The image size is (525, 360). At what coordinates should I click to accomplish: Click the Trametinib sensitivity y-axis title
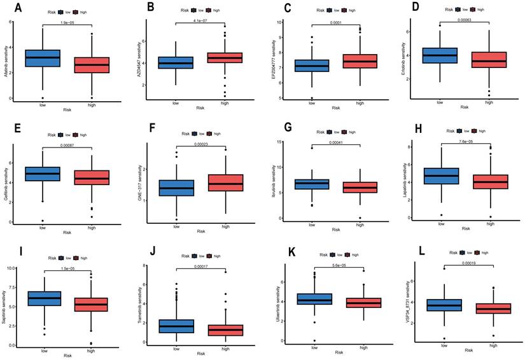[139, 304]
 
